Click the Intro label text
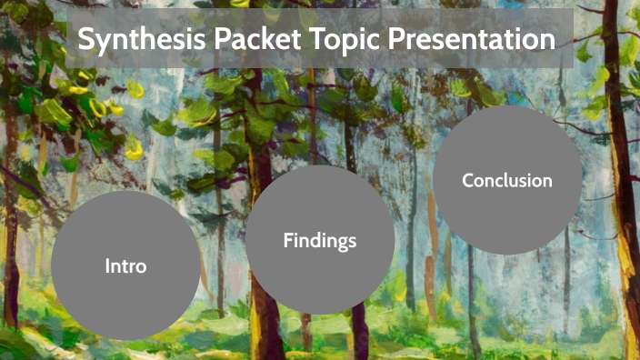tap(125, 266)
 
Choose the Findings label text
tap(319, 241)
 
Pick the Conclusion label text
tap(506, 180)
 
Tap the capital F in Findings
tap(288, 241)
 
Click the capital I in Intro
tap(107, 266)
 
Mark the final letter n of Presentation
tap(547, 41)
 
